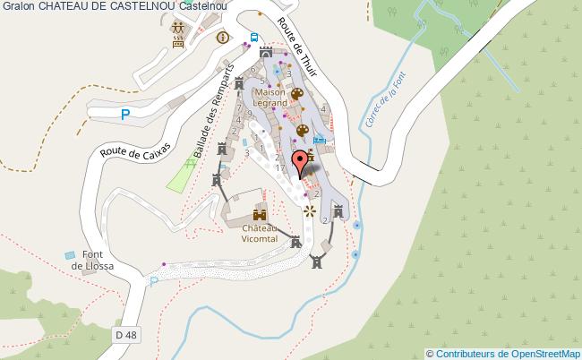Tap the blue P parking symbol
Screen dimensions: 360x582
click(125, 114)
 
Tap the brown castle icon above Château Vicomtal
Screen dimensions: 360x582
click(260, 215)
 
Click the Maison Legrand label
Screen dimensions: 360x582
click(271, 98)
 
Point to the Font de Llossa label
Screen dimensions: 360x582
click(90, 261)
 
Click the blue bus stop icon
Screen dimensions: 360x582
click(254, 37)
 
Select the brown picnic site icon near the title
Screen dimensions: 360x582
click(177, 32)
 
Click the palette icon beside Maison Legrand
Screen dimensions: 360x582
click(297, 93)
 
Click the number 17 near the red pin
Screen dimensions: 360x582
click(280, 168)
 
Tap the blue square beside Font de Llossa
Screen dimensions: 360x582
click(70, 256)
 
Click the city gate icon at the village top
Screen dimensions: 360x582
click(266, 52)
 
